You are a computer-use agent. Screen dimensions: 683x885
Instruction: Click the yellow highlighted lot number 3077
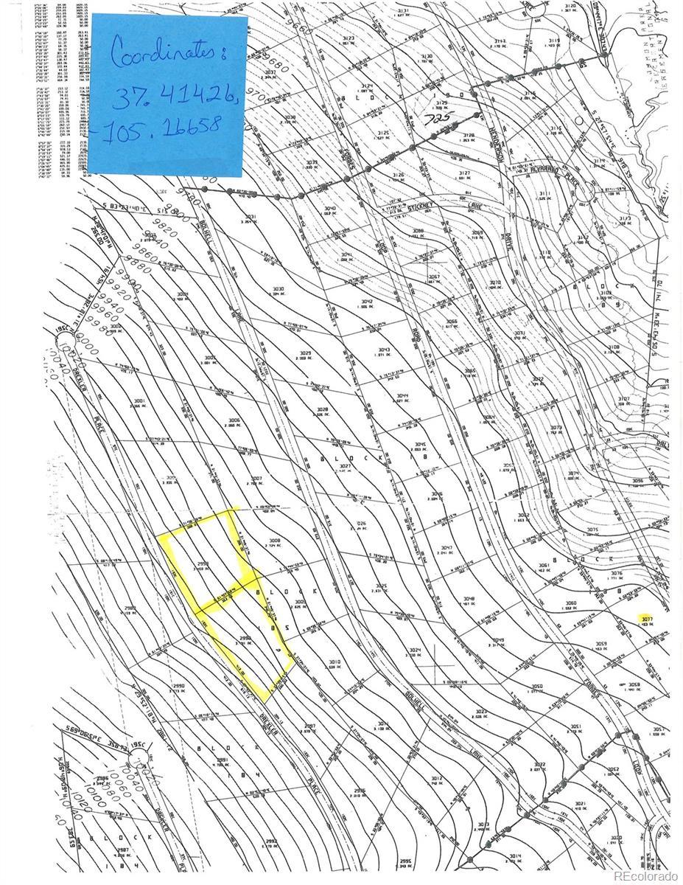pyautogui.click(x=647, y=618)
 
